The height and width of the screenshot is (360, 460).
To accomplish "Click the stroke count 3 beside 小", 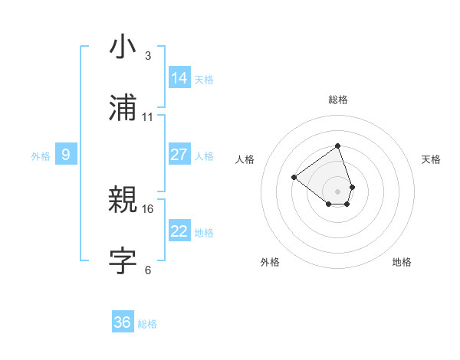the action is click(147, 56).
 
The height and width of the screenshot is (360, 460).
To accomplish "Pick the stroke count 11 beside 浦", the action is click(148, 116).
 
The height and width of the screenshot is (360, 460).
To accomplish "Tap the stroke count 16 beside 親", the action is click(148, 208).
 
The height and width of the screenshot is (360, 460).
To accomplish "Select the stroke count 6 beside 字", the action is click(147, 270).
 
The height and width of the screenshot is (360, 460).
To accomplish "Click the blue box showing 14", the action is click(179, 78).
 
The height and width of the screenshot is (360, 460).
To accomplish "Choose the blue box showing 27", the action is click(179, 155).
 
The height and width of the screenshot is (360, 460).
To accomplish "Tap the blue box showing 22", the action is click(179, 231).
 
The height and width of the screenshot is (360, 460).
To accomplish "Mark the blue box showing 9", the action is click(66, 155).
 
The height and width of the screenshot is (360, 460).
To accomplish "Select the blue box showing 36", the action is click(123, 322).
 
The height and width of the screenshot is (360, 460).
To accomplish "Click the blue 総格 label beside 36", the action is click(147, 324).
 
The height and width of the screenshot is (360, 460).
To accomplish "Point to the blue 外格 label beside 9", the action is click(41, 156).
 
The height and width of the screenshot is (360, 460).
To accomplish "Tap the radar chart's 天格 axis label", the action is click(431, 159).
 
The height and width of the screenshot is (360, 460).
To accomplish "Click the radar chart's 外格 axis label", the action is click(270, 262).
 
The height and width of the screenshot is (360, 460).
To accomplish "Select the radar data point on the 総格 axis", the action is click(337, 146).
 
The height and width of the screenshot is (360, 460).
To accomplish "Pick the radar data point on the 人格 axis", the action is click(294, 177).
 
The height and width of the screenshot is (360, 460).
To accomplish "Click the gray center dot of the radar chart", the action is click(337, 191).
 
